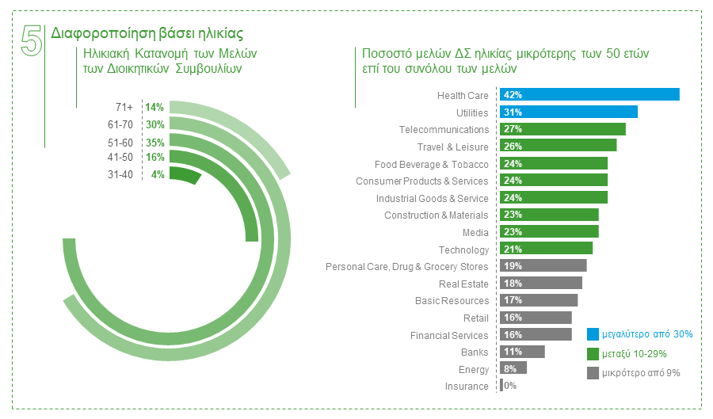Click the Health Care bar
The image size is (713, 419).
pyautogui.click(x=589, y=95)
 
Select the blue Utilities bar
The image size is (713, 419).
pyautogui.click(x=569, y=112)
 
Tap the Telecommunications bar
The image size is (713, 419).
pyautogui.click(x=562, y=129)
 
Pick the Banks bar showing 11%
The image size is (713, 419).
pyautogui.click(x=523, y=352)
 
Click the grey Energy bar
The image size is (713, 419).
pyautogui.click(x=513, y=368)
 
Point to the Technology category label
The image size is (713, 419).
pyautogui.click(x=463, y=250)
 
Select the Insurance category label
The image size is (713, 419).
pyautogui.click(x=467, y=387)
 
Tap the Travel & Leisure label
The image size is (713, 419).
pyautogui.click(x=453, y=147)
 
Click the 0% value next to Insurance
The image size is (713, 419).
pyautogui.click(x=510, y=387)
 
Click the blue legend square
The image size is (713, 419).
pyautogui.click(x=592, y=334)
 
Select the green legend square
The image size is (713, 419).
pyautogui.click(x=592, y=353)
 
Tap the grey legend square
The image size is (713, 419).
pyautogui.click(x=592, y=372)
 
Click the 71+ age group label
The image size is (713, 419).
pyautogui.click(x=124, y=107)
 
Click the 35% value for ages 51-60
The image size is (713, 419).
pyautogui.click(x=154, y=143)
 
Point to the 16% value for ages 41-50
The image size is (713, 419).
pyautogui.click(x=154, y=158)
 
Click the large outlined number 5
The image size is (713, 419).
pyautogui.click(x=32, y=40)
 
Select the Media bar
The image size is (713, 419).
pyautogui.click(x=549, y=232)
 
